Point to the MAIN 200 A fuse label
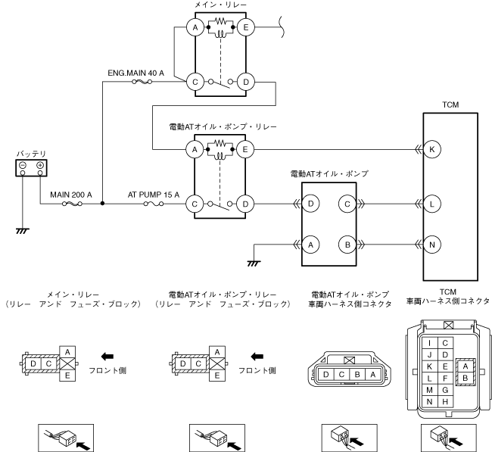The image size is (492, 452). (x=71, y=195)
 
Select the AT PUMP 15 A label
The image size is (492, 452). (x=153, y=195)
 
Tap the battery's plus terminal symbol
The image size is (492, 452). (x=39, y=164)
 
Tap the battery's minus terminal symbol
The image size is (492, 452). (x=23, y=164)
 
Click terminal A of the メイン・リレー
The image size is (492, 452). (x=195, y=28)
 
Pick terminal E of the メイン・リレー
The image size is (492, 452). (x=245, y=28)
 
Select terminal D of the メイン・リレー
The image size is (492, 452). (x=245, y=81)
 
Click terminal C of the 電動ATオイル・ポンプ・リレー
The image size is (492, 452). (x=195, y=203)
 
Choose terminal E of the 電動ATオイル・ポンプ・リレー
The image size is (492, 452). (x=245, y=149)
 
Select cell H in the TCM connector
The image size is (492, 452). (x=445, y=401)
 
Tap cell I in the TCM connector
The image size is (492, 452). (x=430, y=341)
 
